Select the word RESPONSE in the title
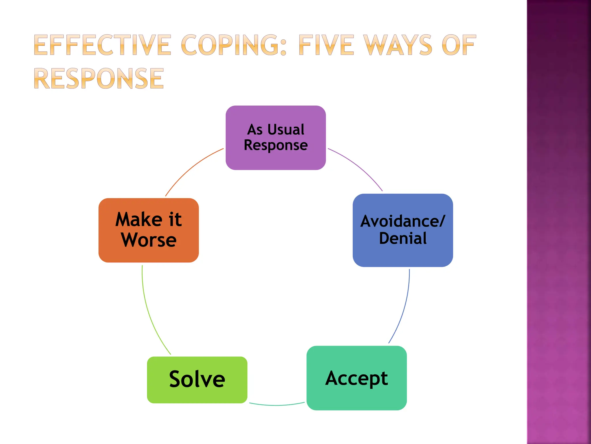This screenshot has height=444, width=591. [x=99, y=79]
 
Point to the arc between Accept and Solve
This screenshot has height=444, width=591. [x=276, y=405]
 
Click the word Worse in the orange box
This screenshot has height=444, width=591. [x=149, y=240]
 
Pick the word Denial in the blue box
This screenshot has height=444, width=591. [x=403, y=238]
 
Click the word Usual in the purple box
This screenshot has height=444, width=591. [x=286, y=129]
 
